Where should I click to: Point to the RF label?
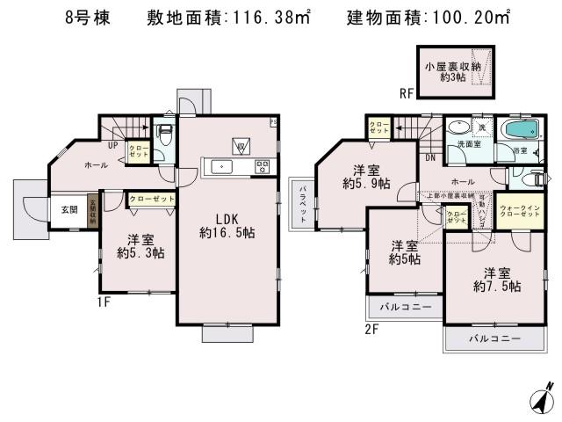[407, 92]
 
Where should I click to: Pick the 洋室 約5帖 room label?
[404, 252]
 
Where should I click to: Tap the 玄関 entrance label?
[69, 210]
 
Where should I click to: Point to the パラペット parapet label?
[301, 202]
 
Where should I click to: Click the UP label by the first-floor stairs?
[113, 145]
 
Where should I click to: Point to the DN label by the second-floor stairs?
[429, 158]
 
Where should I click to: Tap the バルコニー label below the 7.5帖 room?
[494, 338]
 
